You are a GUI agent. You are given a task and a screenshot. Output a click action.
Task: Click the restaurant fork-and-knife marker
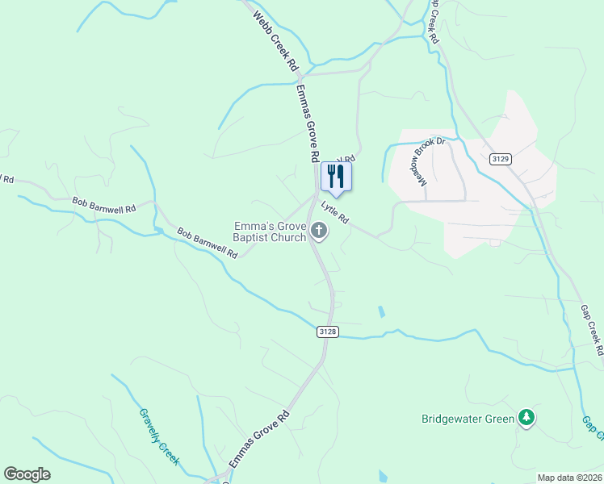pyautogui.click(x=336, y=177)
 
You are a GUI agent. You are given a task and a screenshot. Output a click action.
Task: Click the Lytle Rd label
pyautogui.click(x=334, y=213)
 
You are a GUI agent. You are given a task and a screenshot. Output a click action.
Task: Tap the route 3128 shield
pyautogui.click(x=327, y=331)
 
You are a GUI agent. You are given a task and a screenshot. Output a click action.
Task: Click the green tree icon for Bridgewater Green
pyautogui.click(x=527, y=417)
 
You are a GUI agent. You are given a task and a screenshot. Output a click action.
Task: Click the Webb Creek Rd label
pyautogui.click(x=275, y=43)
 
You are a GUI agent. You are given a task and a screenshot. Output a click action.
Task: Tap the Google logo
pyautogui.click(x=27, y=474)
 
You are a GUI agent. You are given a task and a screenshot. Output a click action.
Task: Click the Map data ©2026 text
pyautogui.click(x=569, y=478)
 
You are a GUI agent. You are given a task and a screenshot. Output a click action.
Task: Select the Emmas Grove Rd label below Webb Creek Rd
pyautogui.click(x=308, y=121)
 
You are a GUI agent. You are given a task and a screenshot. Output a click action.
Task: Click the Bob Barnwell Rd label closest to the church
pyautogui.click(x=207, y=243)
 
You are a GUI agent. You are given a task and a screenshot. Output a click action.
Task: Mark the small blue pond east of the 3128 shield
pyautogui.click(x=380, y=311)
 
